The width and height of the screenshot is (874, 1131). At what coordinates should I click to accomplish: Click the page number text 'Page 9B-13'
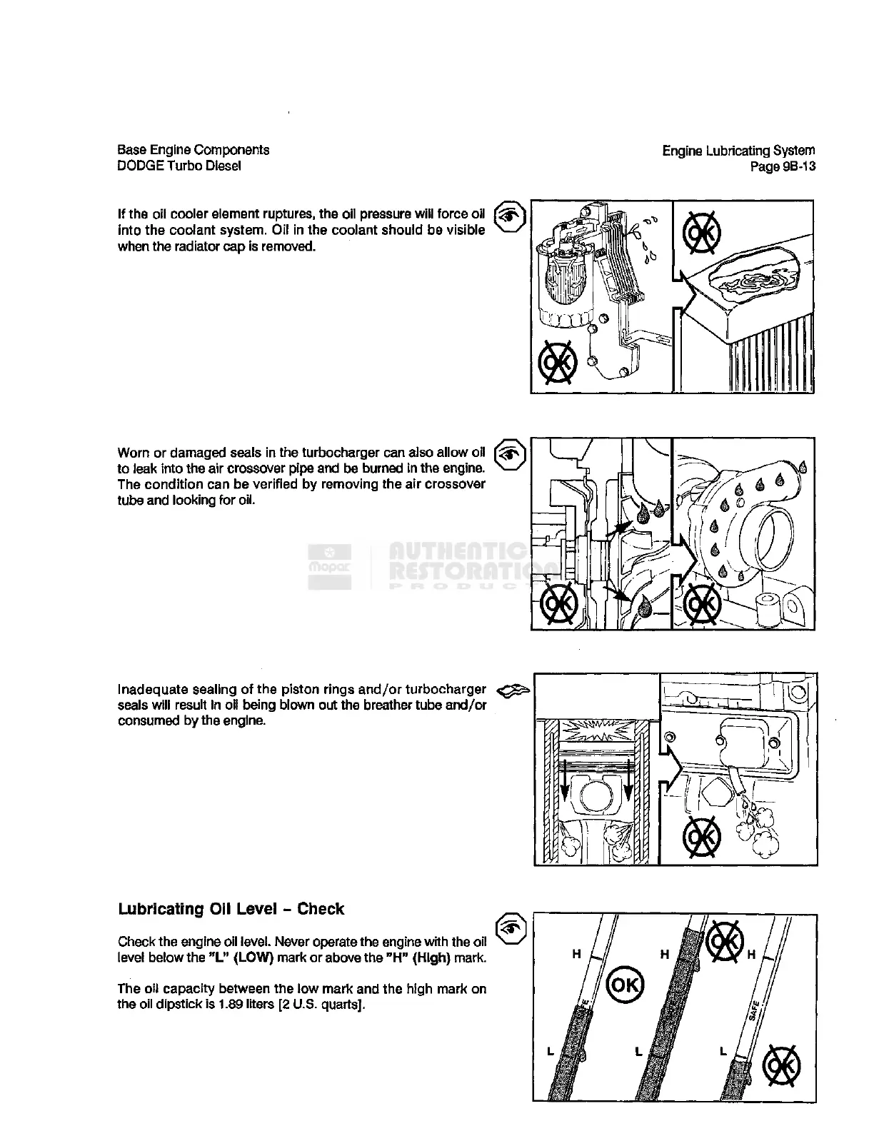782,166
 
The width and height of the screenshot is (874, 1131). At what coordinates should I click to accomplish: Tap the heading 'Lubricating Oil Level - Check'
231,909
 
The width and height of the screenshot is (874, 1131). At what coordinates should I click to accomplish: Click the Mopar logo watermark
329,567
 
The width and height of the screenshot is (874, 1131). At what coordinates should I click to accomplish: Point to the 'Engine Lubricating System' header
738,151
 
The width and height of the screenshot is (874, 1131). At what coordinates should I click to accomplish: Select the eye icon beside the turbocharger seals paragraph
510,453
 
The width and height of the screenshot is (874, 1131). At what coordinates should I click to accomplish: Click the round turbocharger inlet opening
771,531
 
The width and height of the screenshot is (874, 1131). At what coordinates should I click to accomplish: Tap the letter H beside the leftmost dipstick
576,953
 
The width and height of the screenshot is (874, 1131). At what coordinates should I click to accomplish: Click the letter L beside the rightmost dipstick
723,1051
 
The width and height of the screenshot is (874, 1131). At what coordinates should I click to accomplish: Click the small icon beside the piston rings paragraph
513,689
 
